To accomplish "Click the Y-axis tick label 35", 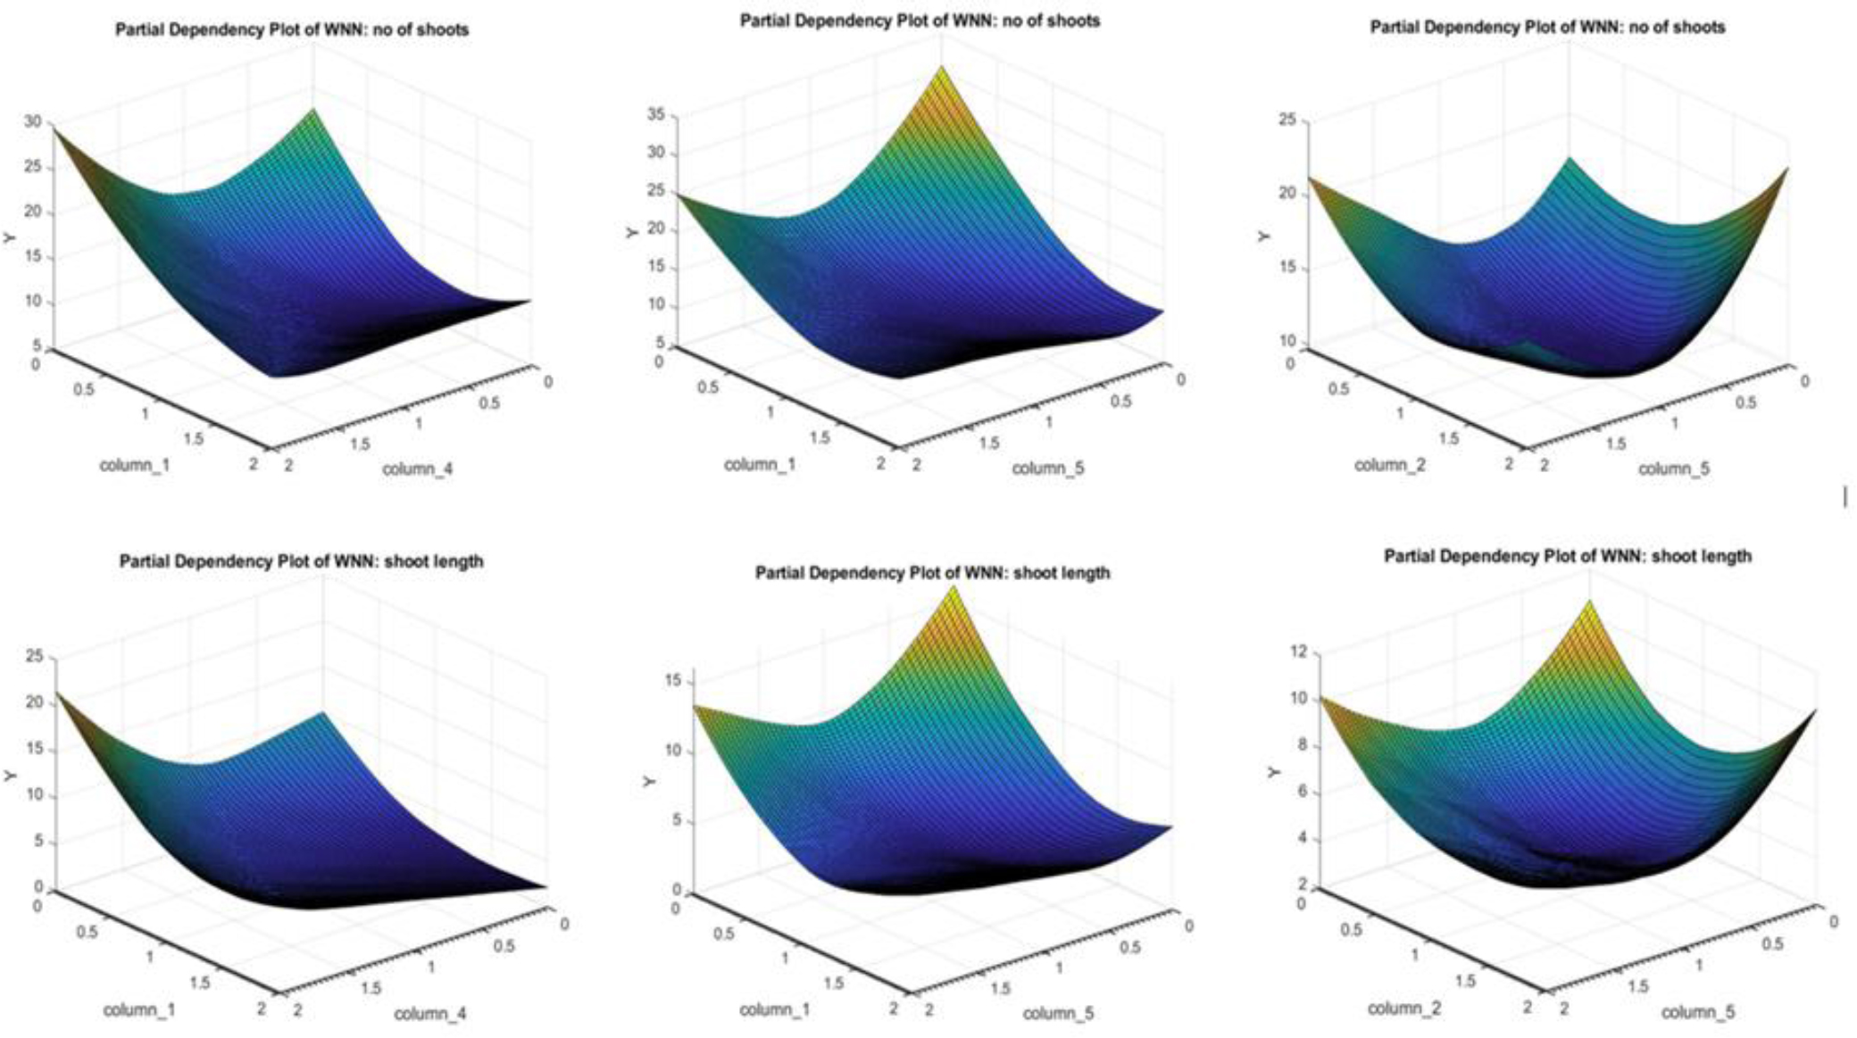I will (x=656, y=114).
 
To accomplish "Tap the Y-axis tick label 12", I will (x=1299, y=652).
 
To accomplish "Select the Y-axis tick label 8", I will (x=1302, y=745).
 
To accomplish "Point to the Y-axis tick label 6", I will (x=1302, y=792).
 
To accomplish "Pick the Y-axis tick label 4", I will (x=1302, y=838).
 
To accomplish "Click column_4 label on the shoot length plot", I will (x=430, y=1013).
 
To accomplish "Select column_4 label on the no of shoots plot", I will (x=418, y=469).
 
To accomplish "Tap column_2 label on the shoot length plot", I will (x=1404, y=1009).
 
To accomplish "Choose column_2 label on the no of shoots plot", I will (x=1390, y=465).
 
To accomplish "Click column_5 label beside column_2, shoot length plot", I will (x=1698, y=1012).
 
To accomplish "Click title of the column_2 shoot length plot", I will (x=1567, y=556).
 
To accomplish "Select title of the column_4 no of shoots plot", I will (x=292, y=29).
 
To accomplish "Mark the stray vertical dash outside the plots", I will (x=1845, y=496).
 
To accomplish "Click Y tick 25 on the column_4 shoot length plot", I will (x=35, y=657).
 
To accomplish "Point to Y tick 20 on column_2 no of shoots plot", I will (x=1287, y=193).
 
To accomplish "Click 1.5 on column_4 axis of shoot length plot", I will (x=371, y=987).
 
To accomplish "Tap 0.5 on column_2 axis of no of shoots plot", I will (x=1337, y=388).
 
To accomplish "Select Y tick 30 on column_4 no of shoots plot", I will (x=33, y=121).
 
